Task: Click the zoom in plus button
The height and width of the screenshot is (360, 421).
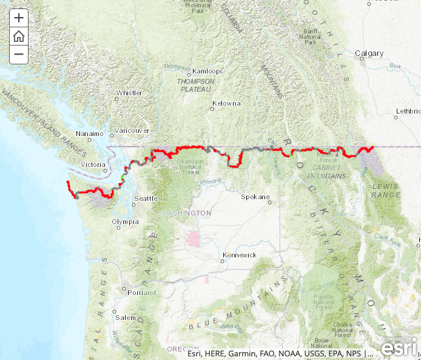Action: [19, 18]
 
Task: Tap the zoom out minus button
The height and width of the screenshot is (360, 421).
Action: [19, 54]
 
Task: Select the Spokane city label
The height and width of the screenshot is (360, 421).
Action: [255, 197]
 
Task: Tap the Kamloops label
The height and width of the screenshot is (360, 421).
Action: [207, 71]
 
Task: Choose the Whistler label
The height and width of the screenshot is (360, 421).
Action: [129, 93]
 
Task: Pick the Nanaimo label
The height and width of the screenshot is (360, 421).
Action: [90, 133]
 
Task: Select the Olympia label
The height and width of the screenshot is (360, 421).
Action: [125, 222]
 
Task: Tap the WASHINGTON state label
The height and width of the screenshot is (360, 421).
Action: [186, 213]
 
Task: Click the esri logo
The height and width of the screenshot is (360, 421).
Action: [399, 347]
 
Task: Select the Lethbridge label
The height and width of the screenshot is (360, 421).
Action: [408, 112]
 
